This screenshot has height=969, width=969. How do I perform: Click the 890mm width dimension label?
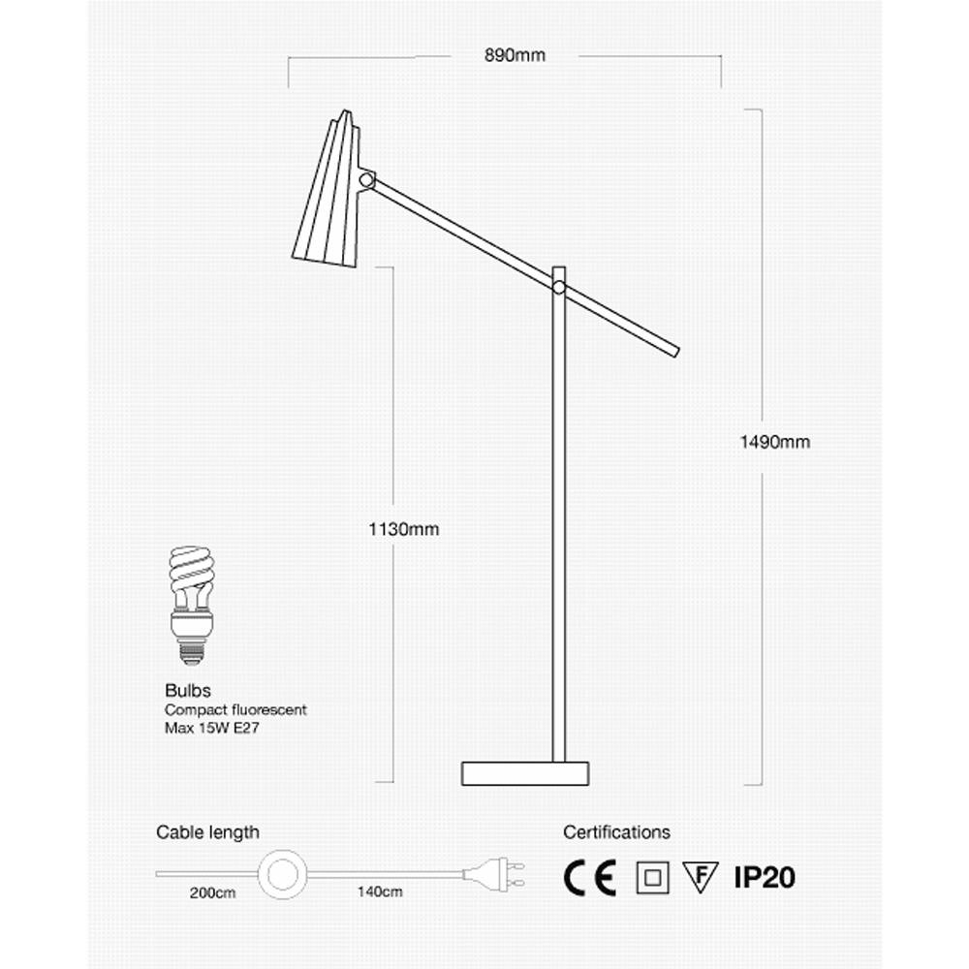(515, 55)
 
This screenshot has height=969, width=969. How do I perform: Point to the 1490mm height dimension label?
(775, 442)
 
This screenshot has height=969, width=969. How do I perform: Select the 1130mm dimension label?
(403, 529)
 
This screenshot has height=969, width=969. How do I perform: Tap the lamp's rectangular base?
(524, 773)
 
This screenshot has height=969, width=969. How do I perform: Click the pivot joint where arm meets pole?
(559, 287)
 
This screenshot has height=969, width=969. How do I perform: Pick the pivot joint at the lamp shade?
(366, 180)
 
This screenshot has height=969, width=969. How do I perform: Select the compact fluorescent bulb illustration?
(192, 605)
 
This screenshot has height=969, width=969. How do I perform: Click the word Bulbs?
(188, 690)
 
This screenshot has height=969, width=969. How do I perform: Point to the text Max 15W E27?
(212, 728)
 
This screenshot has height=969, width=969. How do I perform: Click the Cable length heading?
(207, 832)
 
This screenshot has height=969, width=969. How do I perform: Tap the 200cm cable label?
(212, 893)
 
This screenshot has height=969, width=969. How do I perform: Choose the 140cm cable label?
(380, 891)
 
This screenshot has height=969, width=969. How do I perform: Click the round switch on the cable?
(282, 874)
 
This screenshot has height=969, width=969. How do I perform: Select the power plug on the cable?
(494, 874)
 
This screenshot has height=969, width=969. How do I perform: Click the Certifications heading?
(616, 832)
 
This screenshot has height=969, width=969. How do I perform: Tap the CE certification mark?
(590, 878)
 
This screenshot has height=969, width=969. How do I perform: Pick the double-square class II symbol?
(652, 878)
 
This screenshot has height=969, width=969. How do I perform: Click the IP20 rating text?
(765, 878)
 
